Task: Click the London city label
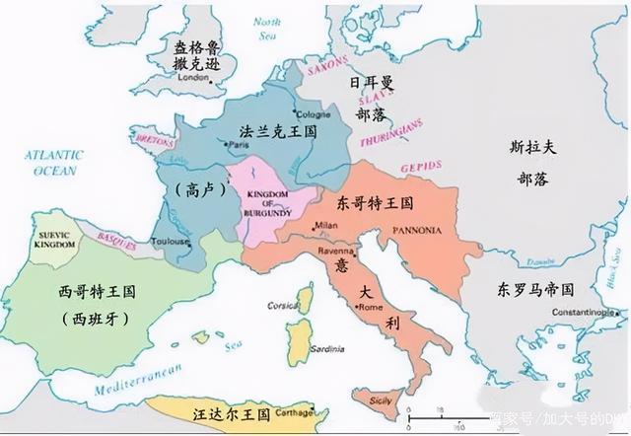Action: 193,77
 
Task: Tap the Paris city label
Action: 238,145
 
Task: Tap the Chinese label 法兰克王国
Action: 277,130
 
